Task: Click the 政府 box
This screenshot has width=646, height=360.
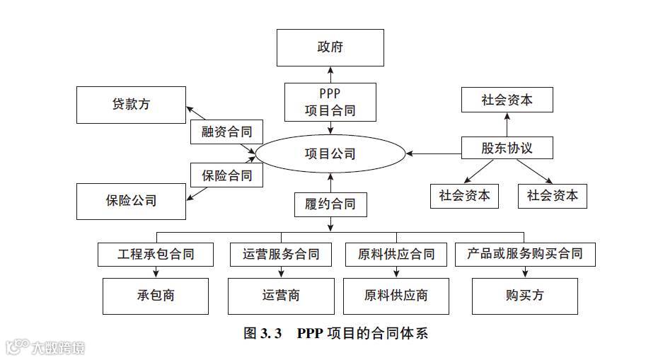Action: [330, 47]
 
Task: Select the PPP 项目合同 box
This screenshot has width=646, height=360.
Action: [330, 102]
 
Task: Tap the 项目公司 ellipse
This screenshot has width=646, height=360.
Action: [330, 153]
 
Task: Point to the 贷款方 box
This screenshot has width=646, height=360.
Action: [131, 105]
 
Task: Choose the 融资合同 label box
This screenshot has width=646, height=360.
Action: [226, 132]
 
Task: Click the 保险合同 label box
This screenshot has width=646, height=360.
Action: [226, 175]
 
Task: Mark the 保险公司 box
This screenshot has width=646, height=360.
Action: [131, 201]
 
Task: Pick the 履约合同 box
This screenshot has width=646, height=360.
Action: [330, 204]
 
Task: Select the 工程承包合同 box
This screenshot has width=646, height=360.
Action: [156, 253]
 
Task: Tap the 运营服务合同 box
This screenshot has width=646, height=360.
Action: [281, 253]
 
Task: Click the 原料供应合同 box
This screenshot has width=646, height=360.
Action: [396, 253]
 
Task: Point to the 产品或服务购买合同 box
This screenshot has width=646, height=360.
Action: [524, 253]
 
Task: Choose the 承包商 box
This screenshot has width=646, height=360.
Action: [156, 296]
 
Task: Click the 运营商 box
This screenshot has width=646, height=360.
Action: [281, 296]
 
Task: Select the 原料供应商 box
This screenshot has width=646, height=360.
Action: [396, 296]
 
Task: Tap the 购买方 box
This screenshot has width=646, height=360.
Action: [524, 296]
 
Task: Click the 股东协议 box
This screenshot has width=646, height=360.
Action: [507, 148]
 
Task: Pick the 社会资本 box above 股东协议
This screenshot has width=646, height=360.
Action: [507, 100]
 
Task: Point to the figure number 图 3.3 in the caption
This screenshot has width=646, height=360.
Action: [263, 333]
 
